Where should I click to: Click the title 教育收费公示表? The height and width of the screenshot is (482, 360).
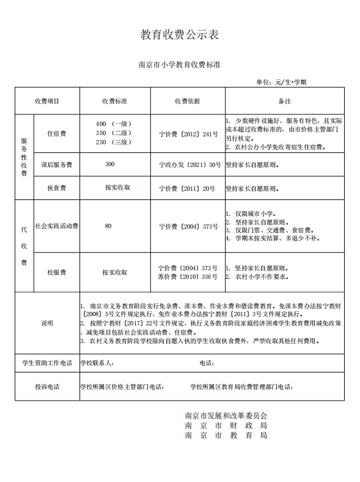coord(180,35)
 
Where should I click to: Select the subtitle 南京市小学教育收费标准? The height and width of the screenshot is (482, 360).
coord(180,64)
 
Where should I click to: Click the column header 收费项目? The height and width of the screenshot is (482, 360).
coord(47,101)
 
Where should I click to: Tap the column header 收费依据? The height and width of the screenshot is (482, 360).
coord(187,101)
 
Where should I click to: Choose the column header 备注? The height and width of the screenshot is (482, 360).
coord(284,101)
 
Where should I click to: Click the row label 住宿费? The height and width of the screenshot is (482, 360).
coord(56,133)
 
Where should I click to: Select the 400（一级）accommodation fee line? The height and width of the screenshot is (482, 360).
coord(114,124)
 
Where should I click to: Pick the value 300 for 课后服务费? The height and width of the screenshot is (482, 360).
coord(109,164)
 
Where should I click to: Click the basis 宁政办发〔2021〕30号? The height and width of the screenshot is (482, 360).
coord(189,165)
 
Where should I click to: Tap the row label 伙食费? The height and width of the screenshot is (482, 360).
coord(56,188)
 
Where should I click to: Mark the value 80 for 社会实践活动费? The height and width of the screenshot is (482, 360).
coord(108,226)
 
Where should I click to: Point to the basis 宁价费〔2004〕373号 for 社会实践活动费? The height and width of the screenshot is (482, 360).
coord(188,226)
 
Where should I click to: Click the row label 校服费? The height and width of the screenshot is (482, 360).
coord(56,272)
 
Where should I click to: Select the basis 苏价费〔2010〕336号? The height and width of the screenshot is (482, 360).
coord(188,276)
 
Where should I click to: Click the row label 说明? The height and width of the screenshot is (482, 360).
coord(47,322)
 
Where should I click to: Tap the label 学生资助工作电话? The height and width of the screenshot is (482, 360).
coord(47,363)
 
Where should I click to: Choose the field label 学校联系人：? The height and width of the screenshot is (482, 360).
coord(97,363)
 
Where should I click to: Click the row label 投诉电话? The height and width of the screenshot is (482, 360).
coord(47,387)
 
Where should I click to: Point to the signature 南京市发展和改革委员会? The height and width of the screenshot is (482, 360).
coord(226,415)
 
